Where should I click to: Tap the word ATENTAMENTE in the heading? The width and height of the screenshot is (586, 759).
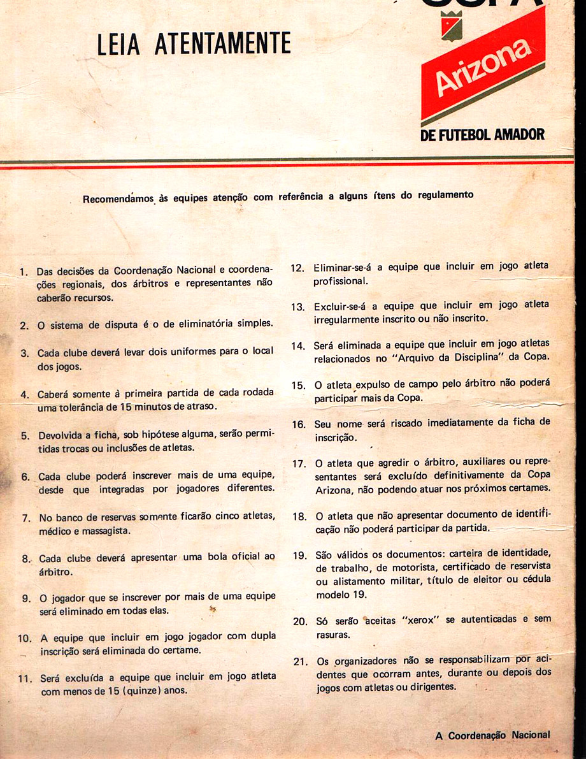click(224, 43)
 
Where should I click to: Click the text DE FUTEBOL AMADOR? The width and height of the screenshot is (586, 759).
click(482, 134)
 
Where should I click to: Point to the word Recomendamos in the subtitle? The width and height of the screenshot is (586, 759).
click(118, 198)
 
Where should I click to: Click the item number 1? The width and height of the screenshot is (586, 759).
click(24, 272)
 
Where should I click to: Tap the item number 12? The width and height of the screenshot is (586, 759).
click(297, 267)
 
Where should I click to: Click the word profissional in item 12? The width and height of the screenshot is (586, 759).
click(340, 281)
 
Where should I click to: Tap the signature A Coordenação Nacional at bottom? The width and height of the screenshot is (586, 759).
click(492, 735)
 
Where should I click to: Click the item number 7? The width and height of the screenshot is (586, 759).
click(26, 517)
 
